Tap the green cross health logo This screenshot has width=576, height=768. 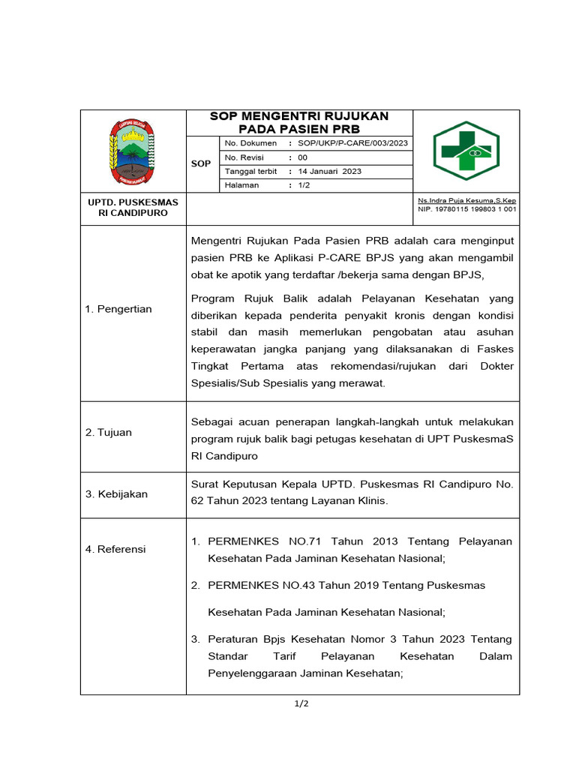pyautogui.click(x=466, y=151)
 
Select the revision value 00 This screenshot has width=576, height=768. pyautogui.click(x=302, y=157)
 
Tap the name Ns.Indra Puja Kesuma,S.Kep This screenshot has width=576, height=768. pyautogui.click(x=466, y=200)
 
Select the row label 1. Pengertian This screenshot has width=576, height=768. pyautogui.click(x=118, y=309)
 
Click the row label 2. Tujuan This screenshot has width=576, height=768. pyautogui.click(x=109, y=432)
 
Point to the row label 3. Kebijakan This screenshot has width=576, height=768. pyautogui.click(x=116, y=494)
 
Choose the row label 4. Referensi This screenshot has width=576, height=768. pyautogui.click(x=115, y=549)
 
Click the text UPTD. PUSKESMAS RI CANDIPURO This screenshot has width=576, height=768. pyautogui.click(x=133, y=208)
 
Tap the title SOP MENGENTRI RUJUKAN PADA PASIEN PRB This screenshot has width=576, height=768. pyautogui.click(x=299, y=122)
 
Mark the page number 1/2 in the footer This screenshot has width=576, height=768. pyautogui.click(x=300, y=703)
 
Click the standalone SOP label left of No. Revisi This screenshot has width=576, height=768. pyautogui.click(x=201, y=163)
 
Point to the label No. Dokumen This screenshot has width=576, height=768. pyautogui.click(x=250, y=143)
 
